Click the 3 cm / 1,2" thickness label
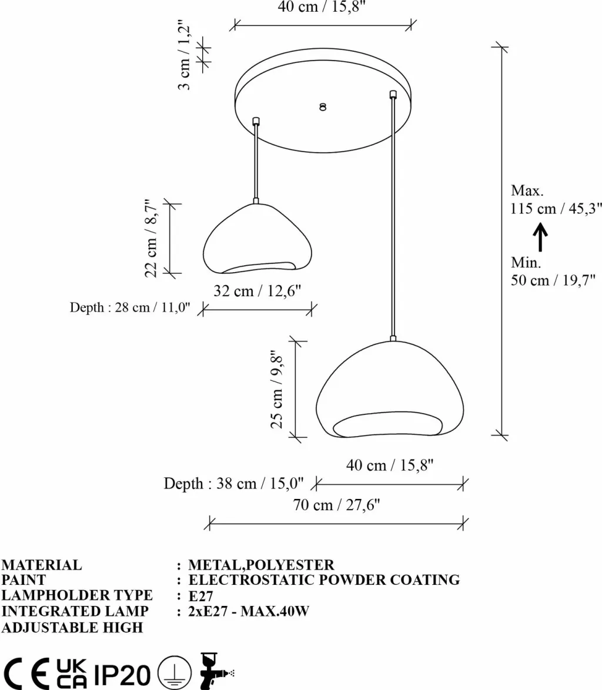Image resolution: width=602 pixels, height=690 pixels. [x=185, y=55]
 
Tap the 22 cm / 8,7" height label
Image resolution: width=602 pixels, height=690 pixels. [x=151, y=238]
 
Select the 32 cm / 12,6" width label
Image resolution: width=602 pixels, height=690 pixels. [x=257, y=291]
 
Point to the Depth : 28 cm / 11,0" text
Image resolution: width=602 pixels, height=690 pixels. [x=130, y=307]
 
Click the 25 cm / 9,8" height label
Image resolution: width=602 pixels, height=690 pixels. [x=276, y=390]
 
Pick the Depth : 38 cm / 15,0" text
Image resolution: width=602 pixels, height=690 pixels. [x=233, y=484]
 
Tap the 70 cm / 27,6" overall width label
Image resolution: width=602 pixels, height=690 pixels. [x=337, y=505]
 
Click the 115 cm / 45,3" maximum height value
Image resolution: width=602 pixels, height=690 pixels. [x=556, y=208]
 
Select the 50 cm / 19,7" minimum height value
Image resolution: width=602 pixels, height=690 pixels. [x=553, y=280]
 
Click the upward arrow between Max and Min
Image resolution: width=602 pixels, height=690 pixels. [x=540, y=237]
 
